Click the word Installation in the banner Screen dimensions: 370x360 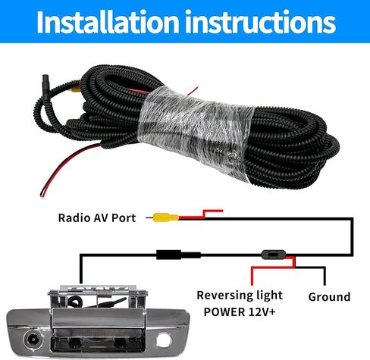pos(108,22)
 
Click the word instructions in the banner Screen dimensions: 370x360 pos(260,22)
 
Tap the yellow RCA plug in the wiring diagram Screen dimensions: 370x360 pos(165,218)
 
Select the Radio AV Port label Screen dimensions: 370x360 pos(97,218)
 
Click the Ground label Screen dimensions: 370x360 pos(329,297)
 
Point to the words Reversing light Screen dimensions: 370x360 pos(240,296)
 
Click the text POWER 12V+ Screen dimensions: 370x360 pos(240,312)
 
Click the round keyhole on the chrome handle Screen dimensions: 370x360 pos(164,340)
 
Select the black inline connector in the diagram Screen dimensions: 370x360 pos(178,255)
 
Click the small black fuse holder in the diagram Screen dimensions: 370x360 pos(274,255)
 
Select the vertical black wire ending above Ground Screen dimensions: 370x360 pos(325,276)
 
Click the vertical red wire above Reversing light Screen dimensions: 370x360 pos(252,276)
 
